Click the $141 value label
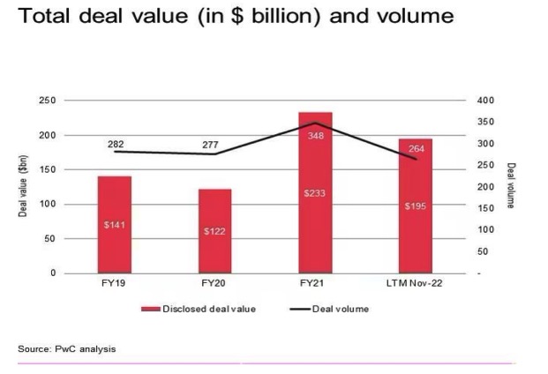point(114,225)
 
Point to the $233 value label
point(315,192)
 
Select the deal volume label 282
point(116,143)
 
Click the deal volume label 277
point(215,144)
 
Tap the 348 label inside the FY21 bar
point(316,137)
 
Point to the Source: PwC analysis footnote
point(66,349)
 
